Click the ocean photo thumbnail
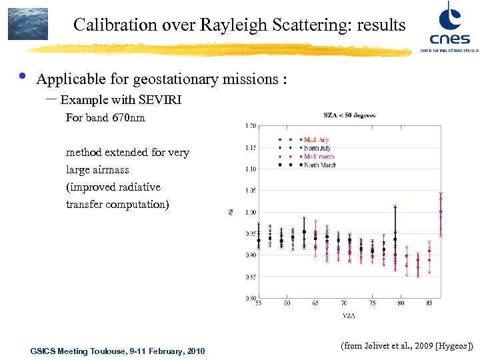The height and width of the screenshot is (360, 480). [27, 24]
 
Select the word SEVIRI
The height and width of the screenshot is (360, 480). [159, 100]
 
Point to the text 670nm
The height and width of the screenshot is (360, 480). [129, 118]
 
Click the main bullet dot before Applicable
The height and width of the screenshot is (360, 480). [21, 77]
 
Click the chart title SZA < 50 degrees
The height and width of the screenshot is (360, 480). [349, 115]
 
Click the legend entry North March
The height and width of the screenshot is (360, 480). [320, 164]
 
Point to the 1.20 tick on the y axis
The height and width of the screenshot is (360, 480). [251, 125]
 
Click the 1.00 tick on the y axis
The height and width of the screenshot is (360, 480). [251, 212]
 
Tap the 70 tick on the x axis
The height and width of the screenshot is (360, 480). [343, 303]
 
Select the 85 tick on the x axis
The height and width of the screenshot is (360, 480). [429, 303]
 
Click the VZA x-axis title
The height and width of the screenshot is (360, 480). [349, 313]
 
